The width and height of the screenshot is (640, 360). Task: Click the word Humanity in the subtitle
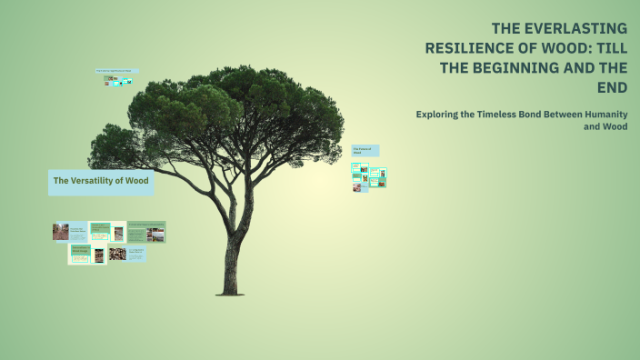[601, 115]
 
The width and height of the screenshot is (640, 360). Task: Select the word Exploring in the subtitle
[443, 115]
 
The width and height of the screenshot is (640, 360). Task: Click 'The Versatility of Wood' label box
[100, 181]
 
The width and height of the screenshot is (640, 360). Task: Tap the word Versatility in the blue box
[95, 181]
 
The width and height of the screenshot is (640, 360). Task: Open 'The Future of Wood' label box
[365, 151]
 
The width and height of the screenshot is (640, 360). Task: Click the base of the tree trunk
[231, 291]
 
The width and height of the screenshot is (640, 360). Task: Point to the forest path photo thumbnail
[61, 232]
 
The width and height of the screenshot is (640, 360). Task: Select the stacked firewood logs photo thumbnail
[117, 254]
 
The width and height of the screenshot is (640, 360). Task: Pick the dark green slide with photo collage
[146, 232]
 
